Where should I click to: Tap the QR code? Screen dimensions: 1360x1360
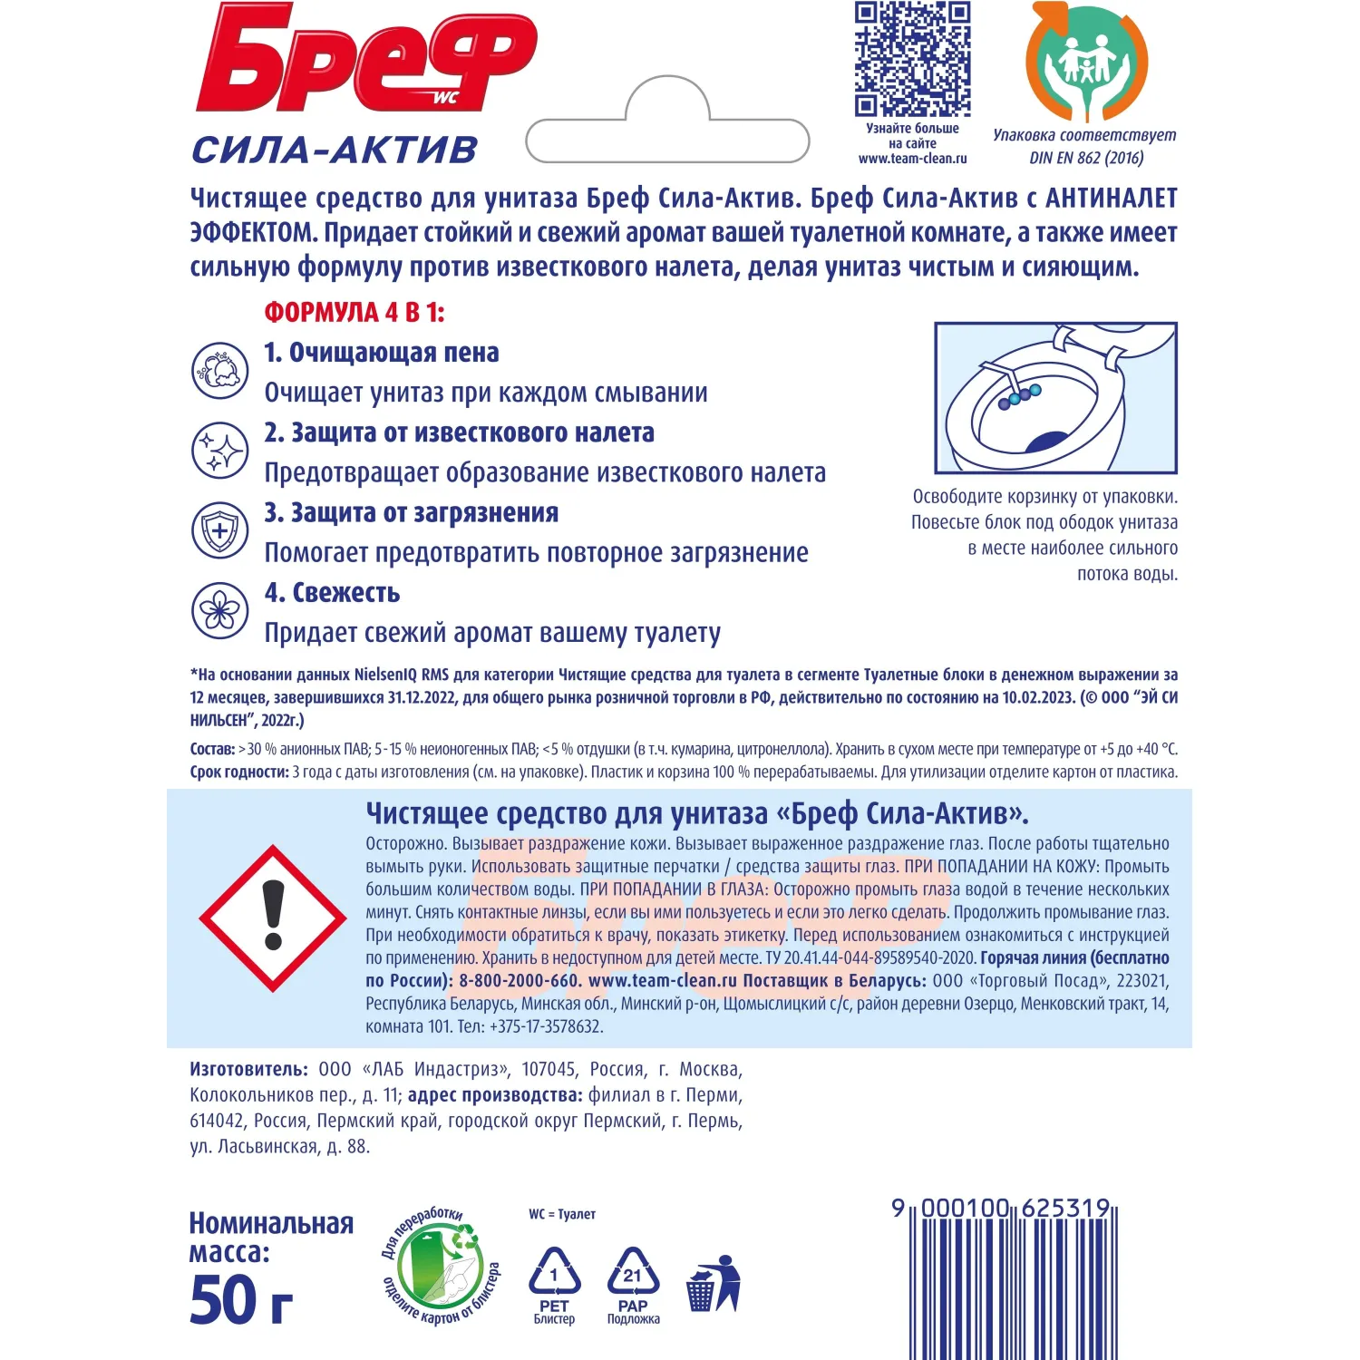tap(912, 59)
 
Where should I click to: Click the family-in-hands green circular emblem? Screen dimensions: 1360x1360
tap(1085, 62)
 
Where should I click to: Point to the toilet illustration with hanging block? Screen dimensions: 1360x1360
tap(1055, 397)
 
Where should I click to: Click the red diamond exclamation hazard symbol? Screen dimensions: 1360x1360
tap(273, 918)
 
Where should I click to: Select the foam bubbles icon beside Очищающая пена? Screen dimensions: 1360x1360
tap(220, 371)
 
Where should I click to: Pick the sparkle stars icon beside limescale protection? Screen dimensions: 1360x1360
tap(220, 451)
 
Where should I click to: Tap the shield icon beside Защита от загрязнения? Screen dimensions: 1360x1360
tap(220, 530)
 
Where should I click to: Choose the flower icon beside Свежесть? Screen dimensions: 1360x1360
tap(220, 610)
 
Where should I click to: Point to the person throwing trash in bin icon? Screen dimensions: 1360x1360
tap(714, 1284)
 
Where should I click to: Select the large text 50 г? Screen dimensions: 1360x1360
tap(241, 1300)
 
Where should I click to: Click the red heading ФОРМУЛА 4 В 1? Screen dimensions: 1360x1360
tap(355, 313)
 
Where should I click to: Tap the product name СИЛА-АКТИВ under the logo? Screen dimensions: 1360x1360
tap(335, 150)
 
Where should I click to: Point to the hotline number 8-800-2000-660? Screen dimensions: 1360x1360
tap(519, 981)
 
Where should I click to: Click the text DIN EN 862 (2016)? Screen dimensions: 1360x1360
tap(1086, 158)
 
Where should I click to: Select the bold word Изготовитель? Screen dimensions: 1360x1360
tap(248, 1070)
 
